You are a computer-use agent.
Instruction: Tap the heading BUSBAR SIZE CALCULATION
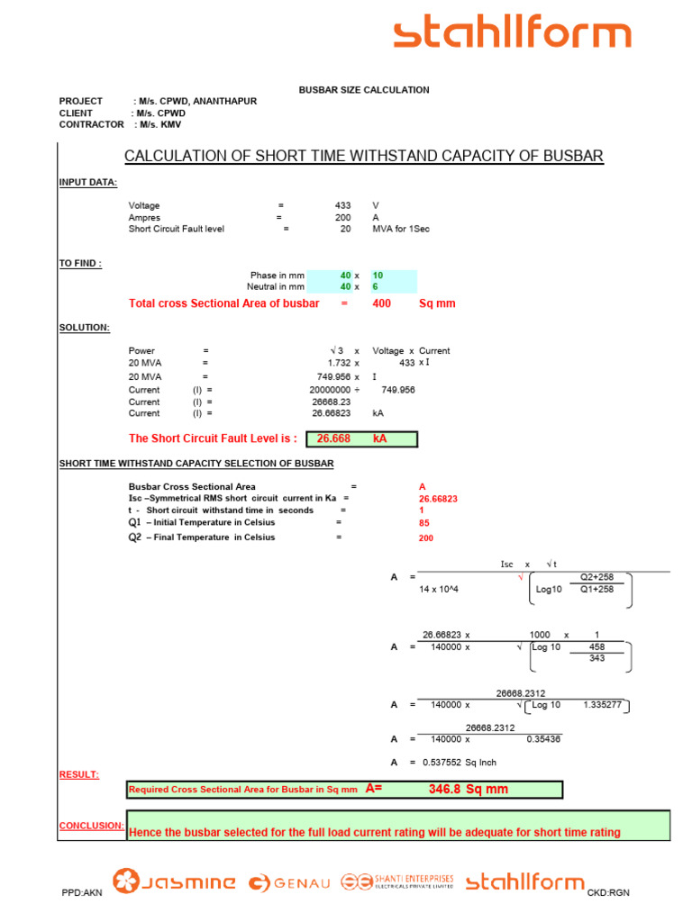point(364,90)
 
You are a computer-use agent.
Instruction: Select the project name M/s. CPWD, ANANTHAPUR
point(197,101)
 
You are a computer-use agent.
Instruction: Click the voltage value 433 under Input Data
point(342,205)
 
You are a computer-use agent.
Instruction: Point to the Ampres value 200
point(342,218)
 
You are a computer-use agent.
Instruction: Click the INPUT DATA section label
point(87,182)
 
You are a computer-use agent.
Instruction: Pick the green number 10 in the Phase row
point(378,276)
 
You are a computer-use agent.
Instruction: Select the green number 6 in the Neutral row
point(375,287)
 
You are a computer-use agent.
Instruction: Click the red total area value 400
point(381,303)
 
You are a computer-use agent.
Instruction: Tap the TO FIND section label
point(80,264)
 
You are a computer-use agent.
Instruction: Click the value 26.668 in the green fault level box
point(333,438)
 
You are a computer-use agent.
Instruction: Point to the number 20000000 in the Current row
point(330,390)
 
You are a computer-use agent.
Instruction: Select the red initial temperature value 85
point(424,523)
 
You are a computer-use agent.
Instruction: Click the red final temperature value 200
point(426,538)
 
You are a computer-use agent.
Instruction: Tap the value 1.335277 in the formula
point(603,704)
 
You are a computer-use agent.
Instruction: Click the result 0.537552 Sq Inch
point(459,763)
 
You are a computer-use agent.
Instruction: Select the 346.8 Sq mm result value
point(469,789)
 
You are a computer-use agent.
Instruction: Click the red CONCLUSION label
point(91,826)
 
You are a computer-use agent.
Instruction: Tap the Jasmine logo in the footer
point(174,881)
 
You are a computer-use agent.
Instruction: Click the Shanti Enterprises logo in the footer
point(397,881)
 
